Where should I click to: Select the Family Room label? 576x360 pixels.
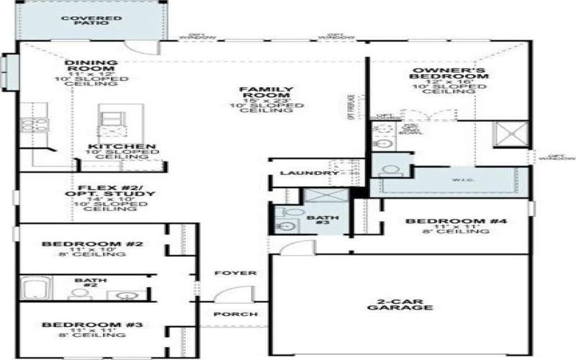256,93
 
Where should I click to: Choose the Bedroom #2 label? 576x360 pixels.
92,244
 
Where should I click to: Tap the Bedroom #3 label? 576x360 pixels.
92,325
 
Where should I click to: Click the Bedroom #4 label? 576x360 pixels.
456,221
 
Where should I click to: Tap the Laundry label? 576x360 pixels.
299,174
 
